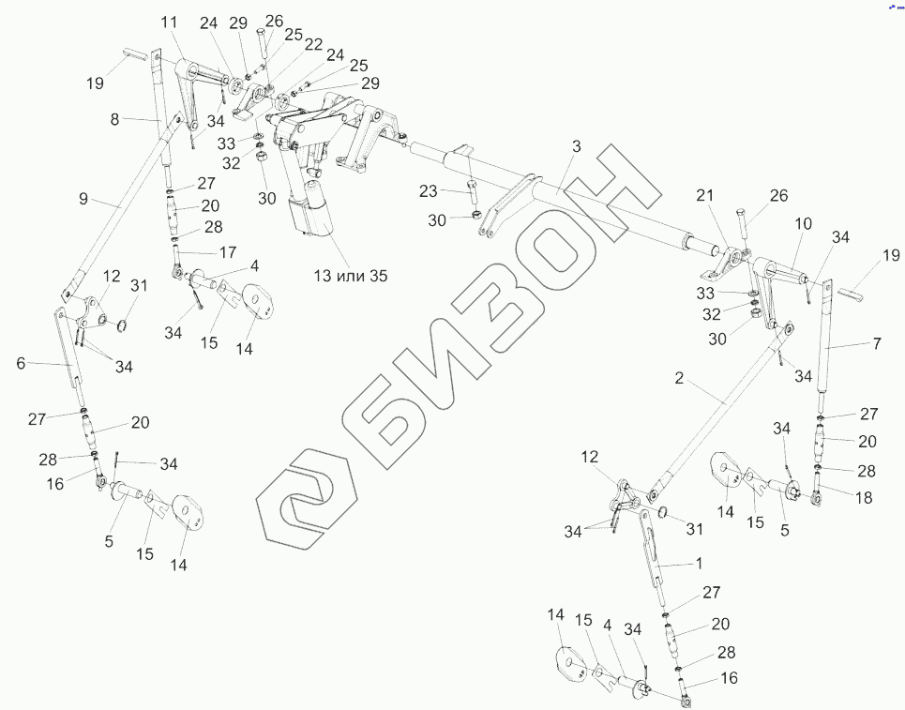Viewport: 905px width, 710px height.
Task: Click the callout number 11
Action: (168, 22)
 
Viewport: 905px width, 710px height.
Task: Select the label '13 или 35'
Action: (349, 275)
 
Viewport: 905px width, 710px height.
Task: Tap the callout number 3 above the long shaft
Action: (576, 147)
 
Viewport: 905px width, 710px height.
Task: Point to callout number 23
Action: (429, 191)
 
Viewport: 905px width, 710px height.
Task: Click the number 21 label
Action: (704, 195)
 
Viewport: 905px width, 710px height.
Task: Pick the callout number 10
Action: (803, 226)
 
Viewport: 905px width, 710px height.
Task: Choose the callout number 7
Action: (877, 344)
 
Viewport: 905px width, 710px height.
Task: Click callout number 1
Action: (697, 565)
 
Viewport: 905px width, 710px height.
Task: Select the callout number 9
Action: (83, 199)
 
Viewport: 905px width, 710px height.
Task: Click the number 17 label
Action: (228, 252)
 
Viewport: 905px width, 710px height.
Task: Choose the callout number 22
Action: (287, 44)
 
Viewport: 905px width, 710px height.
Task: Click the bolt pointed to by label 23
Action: (470, 198)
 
